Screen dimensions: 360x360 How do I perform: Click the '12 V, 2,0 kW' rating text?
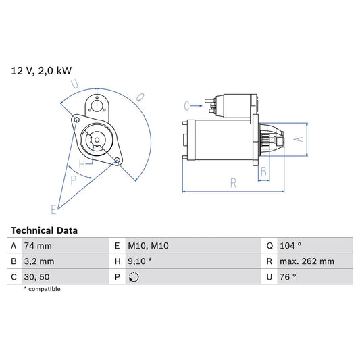click(41, 70)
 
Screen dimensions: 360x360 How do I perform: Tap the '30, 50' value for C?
click(38, 276)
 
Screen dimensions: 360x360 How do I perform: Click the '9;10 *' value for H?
click(141, 261)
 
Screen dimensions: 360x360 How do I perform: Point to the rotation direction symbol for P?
click(133, 276)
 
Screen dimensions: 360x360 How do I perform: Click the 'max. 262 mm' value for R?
click(308, 261)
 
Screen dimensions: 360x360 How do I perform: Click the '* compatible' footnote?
click(43, 289)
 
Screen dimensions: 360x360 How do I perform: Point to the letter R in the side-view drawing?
click(232, 182)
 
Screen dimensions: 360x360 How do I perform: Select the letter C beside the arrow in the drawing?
click(187, 105)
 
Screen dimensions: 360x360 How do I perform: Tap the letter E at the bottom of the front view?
click(53, 209)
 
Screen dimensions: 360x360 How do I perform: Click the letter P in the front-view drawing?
click(74, 180)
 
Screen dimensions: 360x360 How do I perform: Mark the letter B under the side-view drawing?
click(264, 172)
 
